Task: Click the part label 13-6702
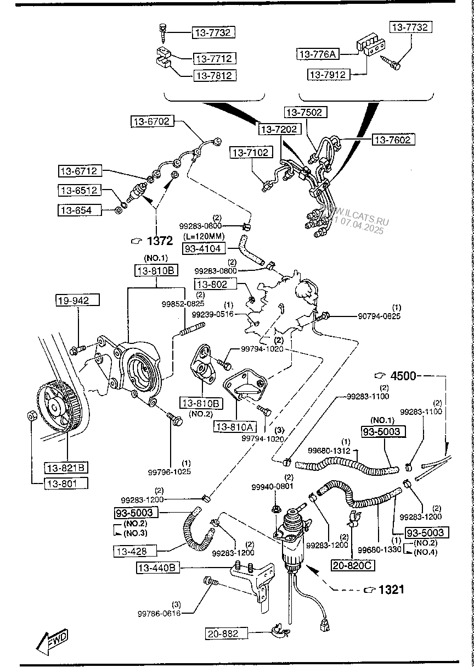click(152, 121)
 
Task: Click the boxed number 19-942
click(78, 299)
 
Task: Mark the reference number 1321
click(391, 590)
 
